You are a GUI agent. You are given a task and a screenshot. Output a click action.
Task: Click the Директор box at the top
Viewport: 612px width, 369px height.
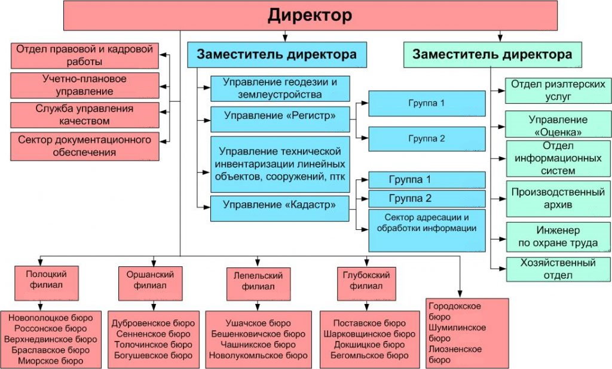(310, 16)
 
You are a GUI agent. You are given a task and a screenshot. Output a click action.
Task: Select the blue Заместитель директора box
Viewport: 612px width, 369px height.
(277, 54)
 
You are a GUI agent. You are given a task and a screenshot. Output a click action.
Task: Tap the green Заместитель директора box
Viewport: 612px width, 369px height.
(492, 54)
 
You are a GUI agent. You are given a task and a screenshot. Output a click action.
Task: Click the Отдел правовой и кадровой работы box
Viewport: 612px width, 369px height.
(84, 56)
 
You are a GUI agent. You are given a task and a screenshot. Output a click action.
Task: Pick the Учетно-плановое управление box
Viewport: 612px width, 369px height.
(84, 85)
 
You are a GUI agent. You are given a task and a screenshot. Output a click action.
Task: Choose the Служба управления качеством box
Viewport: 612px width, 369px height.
(84, 115)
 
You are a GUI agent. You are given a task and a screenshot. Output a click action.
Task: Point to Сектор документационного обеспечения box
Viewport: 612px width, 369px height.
(84, 146)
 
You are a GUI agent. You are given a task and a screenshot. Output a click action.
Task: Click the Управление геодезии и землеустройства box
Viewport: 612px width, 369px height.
(280, 88)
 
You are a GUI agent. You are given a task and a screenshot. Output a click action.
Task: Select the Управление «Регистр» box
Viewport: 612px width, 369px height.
(280, 119)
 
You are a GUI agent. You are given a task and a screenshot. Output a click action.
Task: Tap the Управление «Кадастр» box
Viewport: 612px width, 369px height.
(280, 208)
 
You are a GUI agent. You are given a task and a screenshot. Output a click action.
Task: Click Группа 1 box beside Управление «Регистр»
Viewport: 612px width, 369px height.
(427, 103)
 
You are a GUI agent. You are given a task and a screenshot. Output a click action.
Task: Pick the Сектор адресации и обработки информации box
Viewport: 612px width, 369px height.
(427, 230)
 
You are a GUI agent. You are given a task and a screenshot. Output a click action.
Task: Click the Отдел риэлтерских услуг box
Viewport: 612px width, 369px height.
(558, 91)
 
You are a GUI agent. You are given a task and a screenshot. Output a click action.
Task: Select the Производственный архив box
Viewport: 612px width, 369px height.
(558, 199)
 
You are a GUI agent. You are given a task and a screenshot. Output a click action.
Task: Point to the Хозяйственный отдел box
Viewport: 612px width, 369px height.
(558, 269)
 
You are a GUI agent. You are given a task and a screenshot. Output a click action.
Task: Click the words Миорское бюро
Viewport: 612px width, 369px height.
(51, 361)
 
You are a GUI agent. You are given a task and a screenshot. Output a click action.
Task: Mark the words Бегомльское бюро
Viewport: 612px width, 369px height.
(369, 355)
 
